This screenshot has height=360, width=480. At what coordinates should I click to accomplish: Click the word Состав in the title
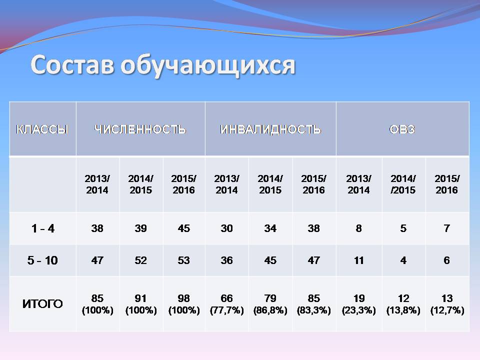click(x=72, y=64)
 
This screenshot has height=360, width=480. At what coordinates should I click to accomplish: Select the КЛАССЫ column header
click(x=42, y=129)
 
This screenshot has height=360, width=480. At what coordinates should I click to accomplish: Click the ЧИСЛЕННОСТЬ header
click(x=140, y=129)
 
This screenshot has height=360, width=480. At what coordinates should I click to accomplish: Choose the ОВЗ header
click(x=402, y=129)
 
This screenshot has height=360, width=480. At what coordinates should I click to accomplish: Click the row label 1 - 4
click(x=43, y=228)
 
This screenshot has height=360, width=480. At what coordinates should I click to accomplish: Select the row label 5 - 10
click(x=42, y=260)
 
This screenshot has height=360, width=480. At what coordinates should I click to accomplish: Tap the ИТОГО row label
click(x=42, y=303)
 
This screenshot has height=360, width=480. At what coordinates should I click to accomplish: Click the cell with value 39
click(x=141, y=228)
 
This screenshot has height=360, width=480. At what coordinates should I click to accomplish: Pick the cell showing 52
click(x=141, y=260)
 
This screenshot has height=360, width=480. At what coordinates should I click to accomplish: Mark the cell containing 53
click(x=184, y=260)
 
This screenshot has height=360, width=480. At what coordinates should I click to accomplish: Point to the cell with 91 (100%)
click(x=141, y=304)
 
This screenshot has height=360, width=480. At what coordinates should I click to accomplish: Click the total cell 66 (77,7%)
click(x=227, y=304)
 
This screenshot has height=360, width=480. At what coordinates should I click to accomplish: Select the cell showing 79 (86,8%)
click(x=270, y=304)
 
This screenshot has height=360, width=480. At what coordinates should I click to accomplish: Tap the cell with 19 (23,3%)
click(x=359, y=304)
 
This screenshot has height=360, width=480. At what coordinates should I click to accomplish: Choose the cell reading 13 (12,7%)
click(x=447, y=304)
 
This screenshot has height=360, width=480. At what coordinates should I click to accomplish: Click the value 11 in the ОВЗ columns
click(x=359, y=260)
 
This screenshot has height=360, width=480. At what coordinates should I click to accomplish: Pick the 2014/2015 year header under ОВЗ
click(x=403, y=184)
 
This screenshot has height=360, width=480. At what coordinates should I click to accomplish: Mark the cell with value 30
click(x=227, y=228)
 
